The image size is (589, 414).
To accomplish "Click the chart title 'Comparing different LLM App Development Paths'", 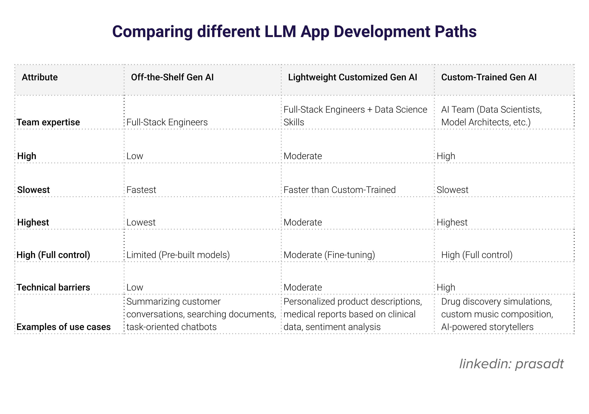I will click(294, 32).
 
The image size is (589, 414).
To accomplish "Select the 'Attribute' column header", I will click(40, 77).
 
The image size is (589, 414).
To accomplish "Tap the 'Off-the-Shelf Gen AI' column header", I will click(172, 77).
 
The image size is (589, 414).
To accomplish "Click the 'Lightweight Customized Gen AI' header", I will click(352, 77).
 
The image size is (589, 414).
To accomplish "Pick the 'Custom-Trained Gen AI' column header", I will click(489, 77).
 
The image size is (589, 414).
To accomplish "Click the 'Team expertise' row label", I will click(48, 122).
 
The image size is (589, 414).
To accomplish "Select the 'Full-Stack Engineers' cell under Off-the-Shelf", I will click(167, 122).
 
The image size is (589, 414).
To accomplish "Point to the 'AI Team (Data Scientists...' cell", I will click(491, 116).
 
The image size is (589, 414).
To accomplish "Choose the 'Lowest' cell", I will click(141, 222).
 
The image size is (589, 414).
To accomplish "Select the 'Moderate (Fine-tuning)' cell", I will click(329, 255).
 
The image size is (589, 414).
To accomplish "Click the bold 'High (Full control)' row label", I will click(53, 255).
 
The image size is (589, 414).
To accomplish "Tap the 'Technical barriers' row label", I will click(53, 287).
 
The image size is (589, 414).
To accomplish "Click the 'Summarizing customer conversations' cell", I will click(201, 314).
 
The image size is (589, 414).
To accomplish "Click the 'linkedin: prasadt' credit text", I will click(511, 364).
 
